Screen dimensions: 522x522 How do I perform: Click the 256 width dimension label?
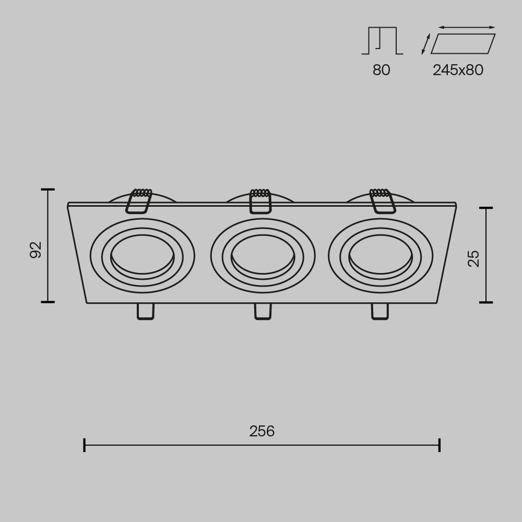click(x=262, y=431)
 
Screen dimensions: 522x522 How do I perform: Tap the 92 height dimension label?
click(x=35, y=250)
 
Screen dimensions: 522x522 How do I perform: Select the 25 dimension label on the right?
click(x=473, y=258)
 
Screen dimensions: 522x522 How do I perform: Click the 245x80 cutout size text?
click(x=458, y=70)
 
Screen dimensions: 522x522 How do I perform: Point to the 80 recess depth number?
click(x=381, y=70)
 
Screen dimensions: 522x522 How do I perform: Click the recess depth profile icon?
click(x=382, y=41)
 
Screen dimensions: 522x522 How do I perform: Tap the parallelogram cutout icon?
click(x=462, y=44)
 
